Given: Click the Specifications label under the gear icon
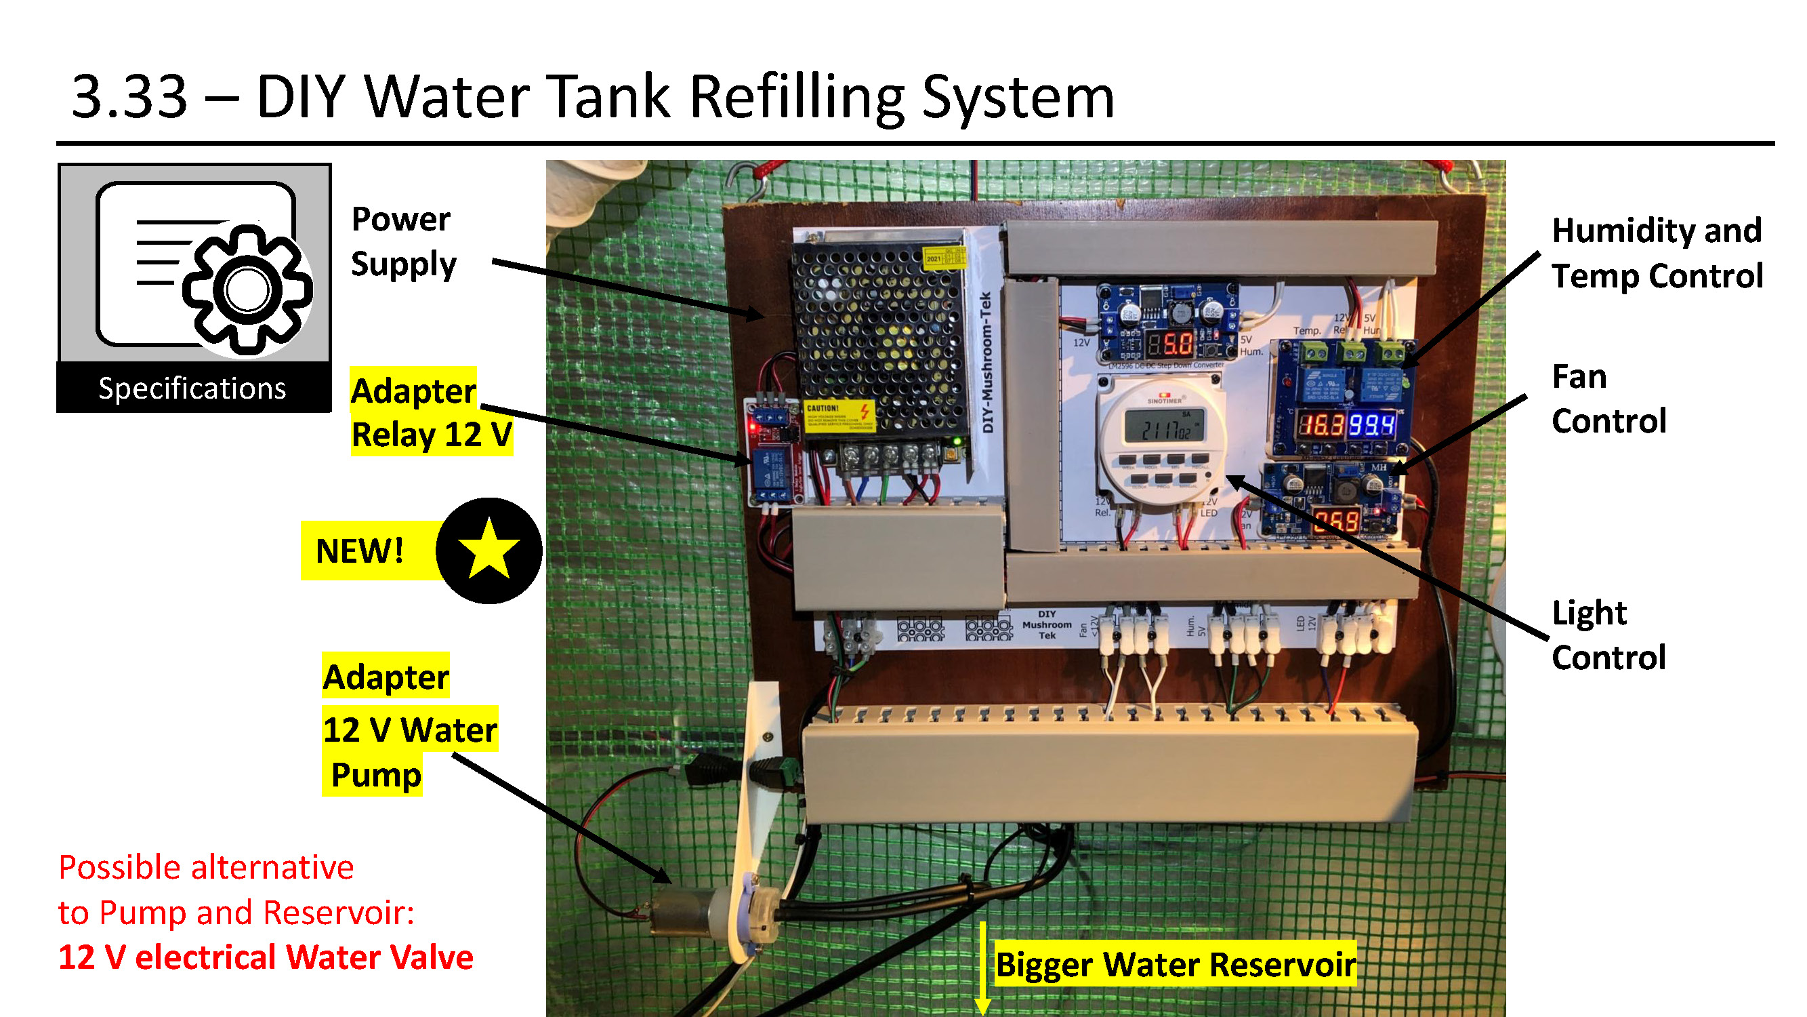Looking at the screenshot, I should tap(192, 388).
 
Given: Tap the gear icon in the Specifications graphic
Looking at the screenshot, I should tap(247, 290).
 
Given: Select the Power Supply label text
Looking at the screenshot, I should tap(402, 241).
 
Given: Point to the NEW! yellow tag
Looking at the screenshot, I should tap(360, 551).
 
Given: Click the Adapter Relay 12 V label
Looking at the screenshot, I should tap(430, 412).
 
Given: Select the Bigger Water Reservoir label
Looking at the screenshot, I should tap(1175, 964).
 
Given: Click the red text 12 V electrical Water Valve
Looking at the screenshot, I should tap(265, 957).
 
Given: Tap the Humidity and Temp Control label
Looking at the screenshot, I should tap(1656, 253).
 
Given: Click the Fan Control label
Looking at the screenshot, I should tap(1608, 399).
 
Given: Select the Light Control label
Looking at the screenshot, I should tap(1608, 635).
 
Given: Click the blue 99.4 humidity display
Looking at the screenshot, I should tap(1371, 424).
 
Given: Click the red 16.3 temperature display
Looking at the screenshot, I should tap(1320, 424).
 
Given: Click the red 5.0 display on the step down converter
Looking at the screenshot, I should tap(1170, 344).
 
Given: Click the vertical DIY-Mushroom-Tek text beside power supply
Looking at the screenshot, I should tap(986, 361).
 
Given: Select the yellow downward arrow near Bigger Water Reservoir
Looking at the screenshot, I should tap(982, 969).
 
